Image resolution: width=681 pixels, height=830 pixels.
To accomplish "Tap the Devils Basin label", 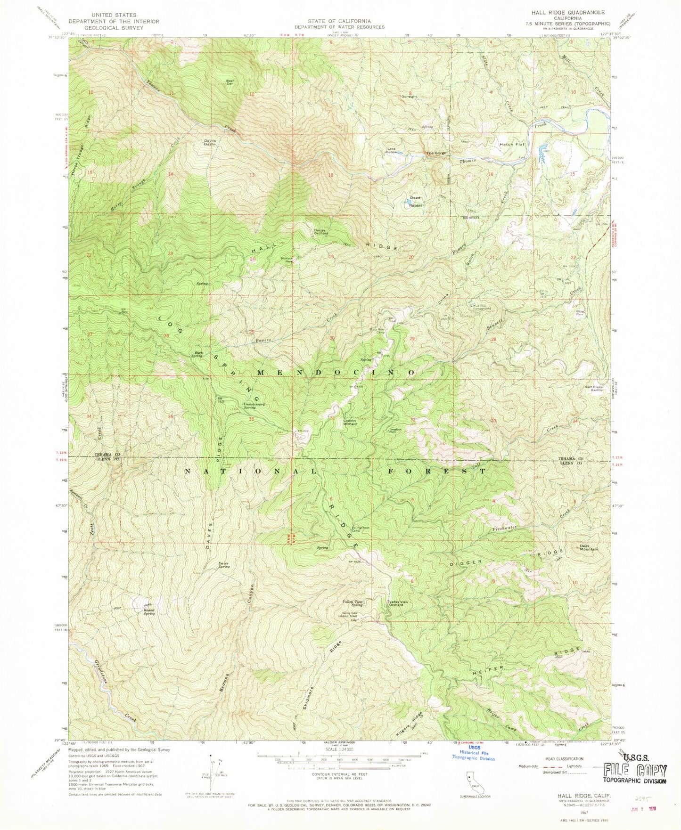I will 210,143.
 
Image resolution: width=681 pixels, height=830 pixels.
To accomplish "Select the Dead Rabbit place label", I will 415,202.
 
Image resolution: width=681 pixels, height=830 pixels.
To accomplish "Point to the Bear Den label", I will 230,81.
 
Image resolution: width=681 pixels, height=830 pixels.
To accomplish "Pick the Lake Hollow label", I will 392,151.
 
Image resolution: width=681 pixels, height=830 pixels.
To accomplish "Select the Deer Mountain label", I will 588,548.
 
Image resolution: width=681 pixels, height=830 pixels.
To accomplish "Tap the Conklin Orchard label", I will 349,422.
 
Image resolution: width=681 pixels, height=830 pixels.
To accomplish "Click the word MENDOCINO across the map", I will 336,372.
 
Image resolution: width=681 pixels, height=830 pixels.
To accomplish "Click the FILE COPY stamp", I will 635,771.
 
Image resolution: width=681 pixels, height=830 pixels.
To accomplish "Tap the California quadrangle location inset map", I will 471,780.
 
